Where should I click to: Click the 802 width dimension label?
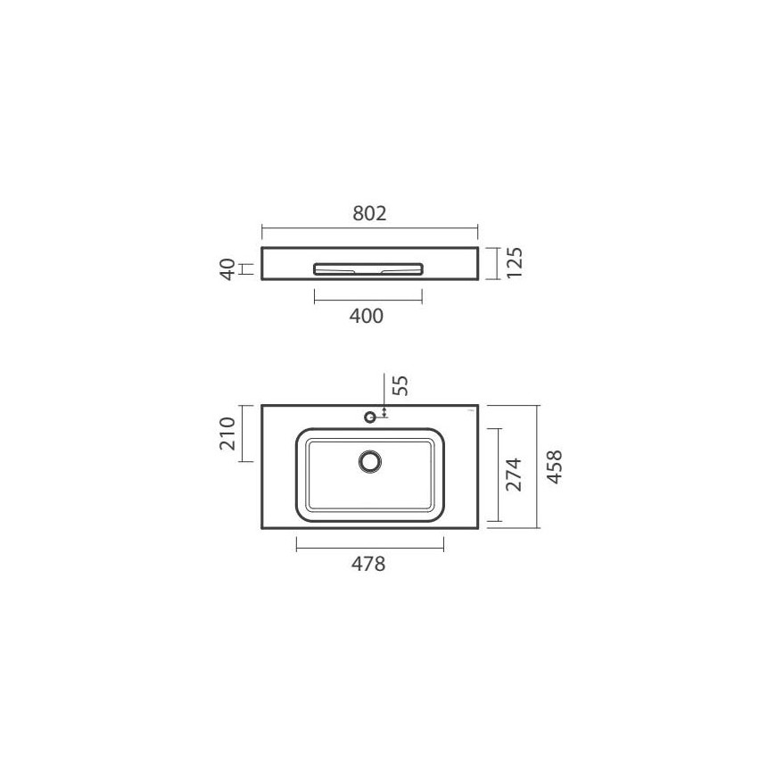point(369,214)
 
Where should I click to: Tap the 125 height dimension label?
point(515,263)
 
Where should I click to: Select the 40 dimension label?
point(227,269)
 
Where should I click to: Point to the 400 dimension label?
point(367,317)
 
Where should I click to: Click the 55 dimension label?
point(400,385)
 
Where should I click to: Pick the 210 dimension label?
point(227,433)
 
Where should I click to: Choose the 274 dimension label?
point(514,475)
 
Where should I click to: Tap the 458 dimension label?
point(554,467)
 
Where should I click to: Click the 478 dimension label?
point(368,565)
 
